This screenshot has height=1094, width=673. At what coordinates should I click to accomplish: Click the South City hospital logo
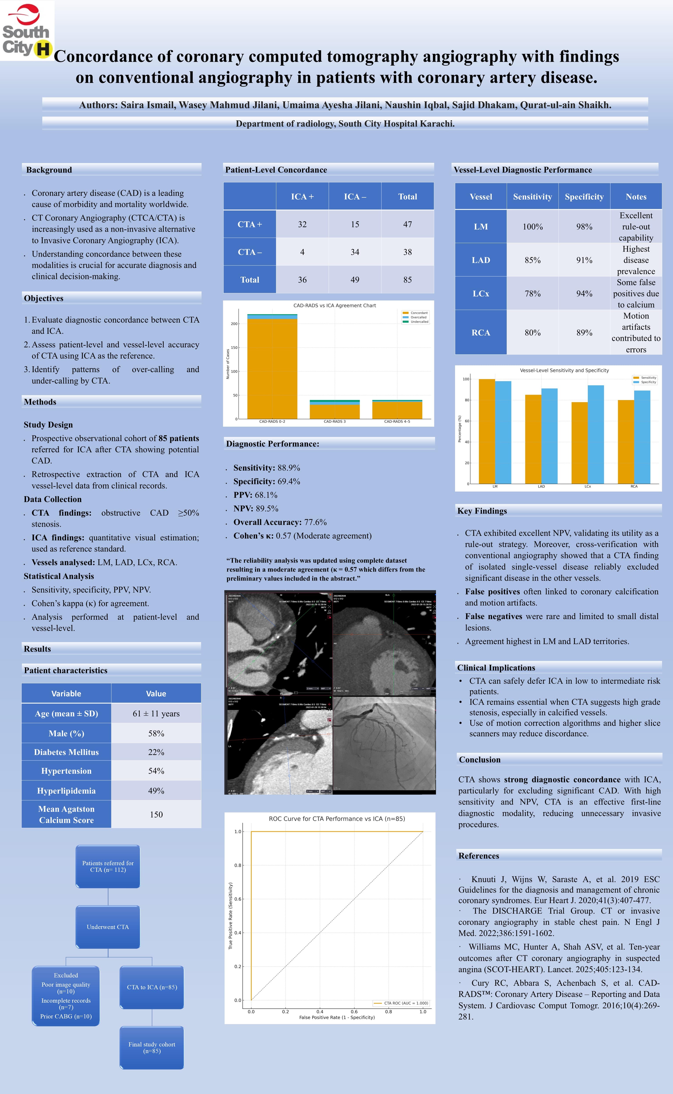27,30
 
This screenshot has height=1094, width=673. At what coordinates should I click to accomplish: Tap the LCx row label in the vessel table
481,293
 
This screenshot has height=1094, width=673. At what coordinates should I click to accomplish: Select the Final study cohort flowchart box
152,1047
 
